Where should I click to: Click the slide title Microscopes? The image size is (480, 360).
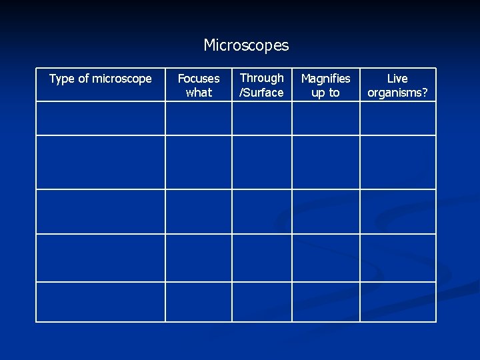click(x=246, y=45)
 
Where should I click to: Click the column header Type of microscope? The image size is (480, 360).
click(x=101, y=79)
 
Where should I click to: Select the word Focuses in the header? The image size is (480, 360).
click(x=199, y=79)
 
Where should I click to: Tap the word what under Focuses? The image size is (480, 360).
click(x=199, y=93)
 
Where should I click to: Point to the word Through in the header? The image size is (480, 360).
click(x=261, y=78)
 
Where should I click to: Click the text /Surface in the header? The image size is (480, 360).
click(x=261, y=93)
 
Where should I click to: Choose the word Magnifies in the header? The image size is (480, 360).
click(x=325, y=79)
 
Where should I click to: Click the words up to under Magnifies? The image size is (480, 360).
click(x=325, y=93)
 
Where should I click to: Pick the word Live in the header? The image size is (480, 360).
click(x=397, y=79)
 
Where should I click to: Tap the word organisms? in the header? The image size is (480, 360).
click(x=397, y=93)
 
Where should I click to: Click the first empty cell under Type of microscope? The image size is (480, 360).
click(x=101, y=119)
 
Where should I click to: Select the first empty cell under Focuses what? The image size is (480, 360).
click(x=199, y=119)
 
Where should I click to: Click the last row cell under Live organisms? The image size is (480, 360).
click(x=398, y=302)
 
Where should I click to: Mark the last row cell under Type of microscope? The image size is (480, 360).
click(x=101, y=302)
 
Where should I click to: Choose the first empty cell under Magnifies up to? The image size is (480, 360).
click(x=326, y=119)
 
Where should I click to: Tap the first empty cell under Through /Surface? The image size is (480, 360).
click(x=262, y=119)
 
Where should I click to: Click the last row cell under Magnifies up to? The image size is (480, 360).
click(x=326, y=302)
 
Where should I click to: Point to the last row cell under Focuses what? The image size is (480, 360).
click(x=199, y=302)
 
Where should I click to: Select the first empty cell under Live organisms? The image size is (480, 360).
click(x=398, y=119)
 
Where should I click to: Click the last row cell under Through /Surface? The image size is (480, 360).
click(x=262, y=302)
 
